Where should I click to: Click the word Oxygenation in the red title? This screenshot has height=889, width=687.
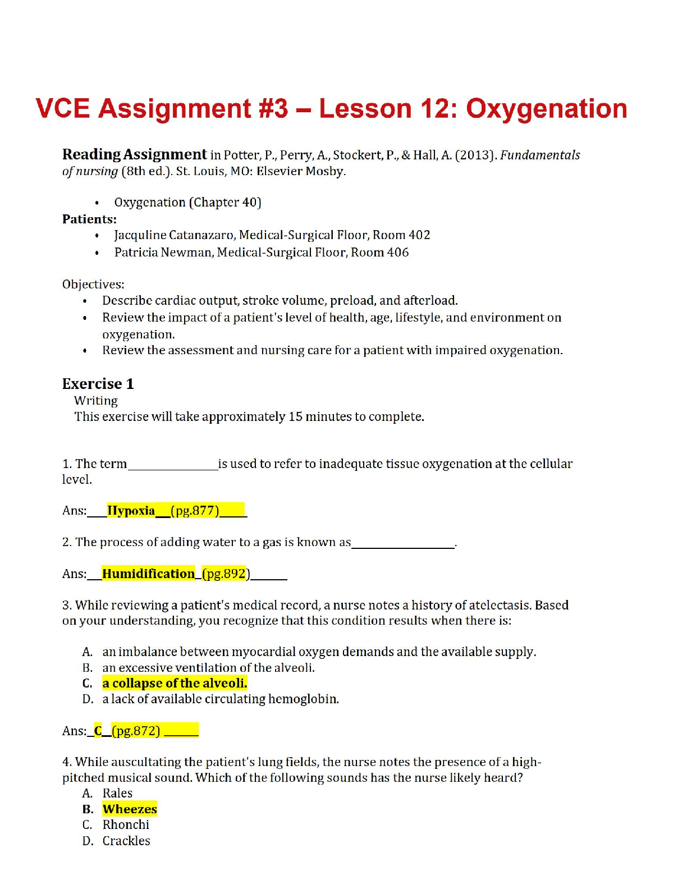546,109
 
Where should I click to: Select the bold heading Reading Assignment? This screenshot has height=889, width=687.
134,154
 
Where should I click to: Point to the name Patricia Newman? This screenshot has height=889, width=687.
163,253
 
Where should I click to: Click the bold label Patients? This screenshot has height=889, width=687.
89,219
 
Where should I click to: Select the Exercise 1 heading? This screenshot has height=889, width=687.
98,384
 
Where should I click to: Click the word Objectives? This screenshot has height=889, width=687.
93,285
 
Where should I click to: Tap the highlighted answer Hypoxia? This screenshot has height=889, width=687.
131,511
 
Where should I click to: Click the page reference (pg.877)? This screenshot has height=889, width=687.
195,511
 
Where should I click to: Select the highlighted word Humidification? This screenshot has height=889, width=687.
148,574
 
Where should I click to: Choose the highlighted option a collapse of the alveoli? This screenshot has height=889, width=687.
175,683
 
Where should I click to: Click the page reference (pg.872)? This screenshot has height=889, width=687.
136,731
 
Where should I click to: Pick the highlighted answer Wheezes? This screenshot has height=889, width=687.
130,809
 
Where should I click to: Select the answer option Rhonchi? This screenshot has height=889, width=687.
126,825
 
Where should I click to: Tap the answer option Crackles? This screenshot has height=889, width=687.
126,841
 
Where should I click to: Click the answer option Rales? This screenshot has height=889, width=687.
117,793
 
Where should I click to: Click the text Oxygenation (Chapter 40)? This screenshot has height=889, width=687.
187,203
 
